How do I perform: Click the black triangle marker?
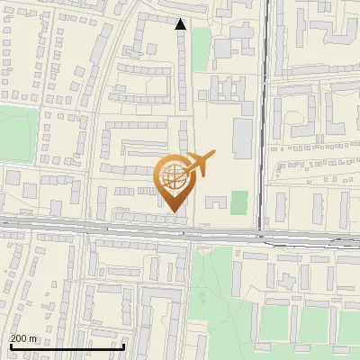click(x=181, y=24)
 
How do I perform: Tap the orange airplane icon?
click(x=199, y=165)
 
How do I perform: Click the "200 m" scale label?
click(x=23, y=338)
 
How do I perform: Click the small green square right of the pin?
click(x=238, y=202)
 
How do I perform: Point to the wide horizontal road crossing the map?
click(x=90, y=227)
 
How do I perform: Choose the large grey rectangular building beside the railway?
click(x=242, y=136)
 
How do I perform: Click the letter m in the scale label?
click(x=33, y=338)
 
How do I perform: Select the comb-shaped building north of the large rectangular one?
click(x=226, y=90)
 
